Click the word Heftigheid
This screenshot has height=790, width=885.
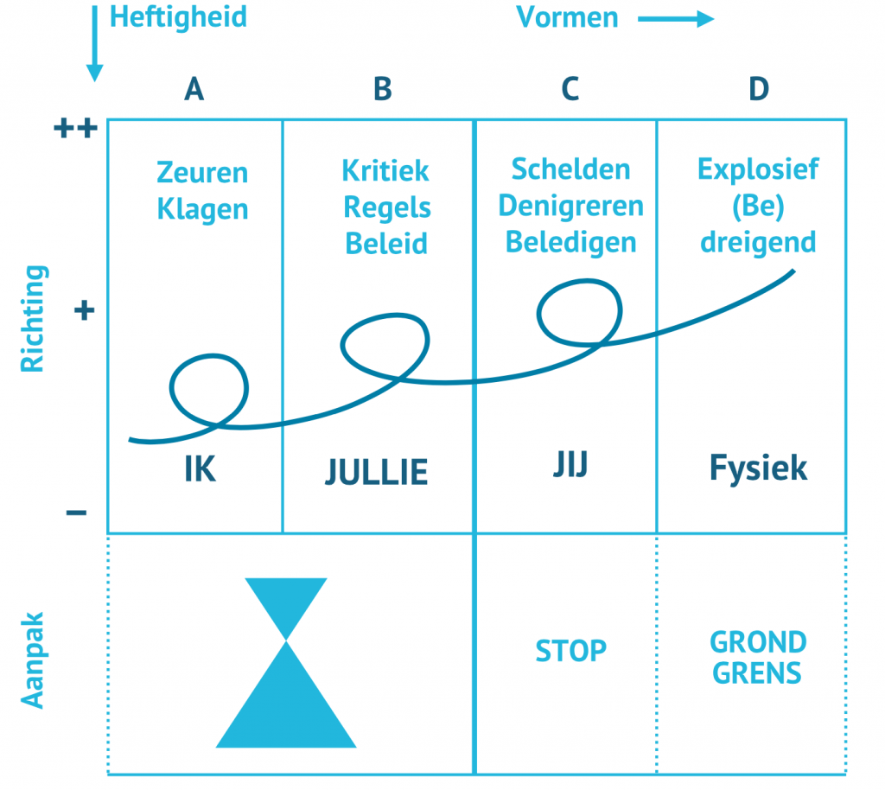[x=178, y=16]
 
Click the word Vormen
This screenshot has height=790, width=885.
[x=567, y=17]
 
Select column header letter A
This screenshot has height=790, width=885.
[x=194, y=88]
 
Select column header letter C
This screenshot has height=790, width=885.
[x=570, y=88]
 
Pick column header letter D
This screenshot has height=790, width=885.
[x=758, y=88]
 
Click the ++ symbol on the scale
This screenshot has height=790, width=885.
[x=76, y=130]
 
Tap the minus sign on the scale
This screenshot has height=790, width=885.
[x=76, y=513]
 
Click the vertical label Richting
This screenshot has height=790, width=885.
[x=32, y=319]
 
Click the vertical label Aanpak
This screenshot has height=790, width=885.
[x=32, y=661]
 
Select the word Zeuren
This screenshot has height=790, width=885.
[x=202, y=173]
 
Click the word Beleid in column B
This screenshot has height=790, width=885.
[x=386, y=244]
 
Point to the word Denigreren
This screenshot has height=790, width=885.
[x=570, y=206]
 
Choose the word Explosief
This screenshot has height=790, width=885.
[x=758, y=168]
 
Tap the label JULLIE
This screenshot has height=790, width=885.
[x=376, y=472]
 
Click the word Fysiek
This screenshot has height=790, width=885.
[x=758, y=468]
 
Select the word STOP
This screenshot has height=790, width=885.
[x=570, y=650]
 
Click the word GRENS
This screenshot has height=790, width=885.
[x=758, y=672]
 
